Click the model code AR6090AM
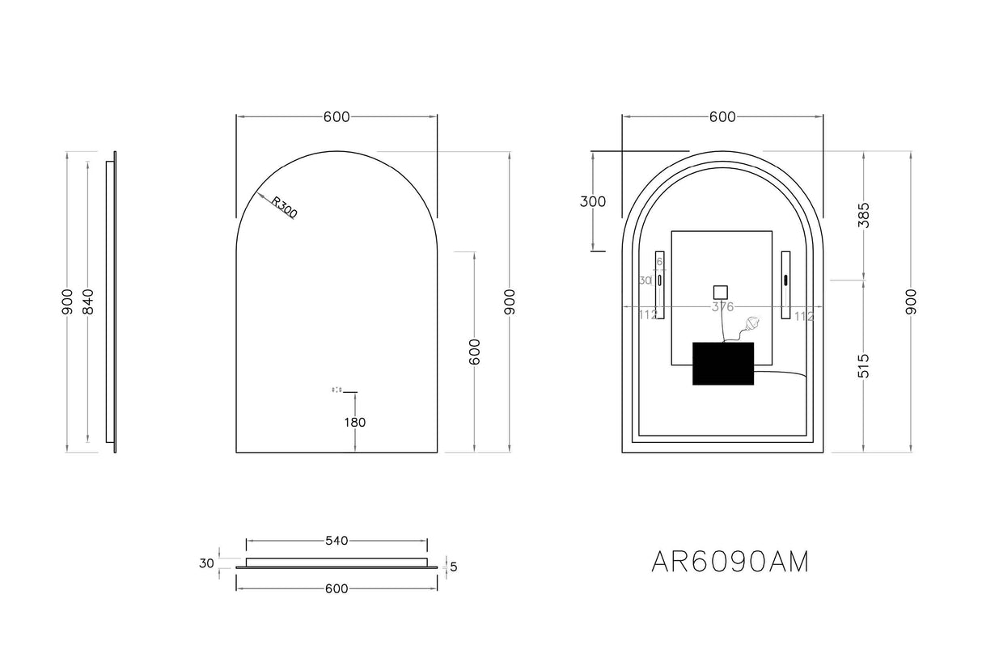point(730,562)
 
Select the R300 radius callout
point(284,208)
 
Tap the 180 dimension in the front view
point(354,422)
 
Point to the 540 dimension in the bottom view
point(336,541)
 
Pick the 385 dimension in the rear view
point(863,215)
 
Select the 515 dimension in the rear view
point(863,365)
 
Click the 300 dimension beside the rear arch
point(593,201)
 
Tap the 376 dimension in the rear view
point(722,307)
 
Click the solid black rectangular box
point(723,364)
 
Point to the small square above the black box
point(720,292)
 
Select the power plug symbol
point(752,325)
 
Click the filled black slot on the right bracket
point(785,280)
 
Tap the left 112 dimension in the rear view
point(647,316)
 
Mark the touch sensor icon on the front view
point(337,390)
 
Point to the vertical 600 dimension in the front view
point(475,352)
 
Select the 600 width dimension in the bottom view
point(336,588)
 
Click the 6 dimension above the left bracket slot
point(659,261)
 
